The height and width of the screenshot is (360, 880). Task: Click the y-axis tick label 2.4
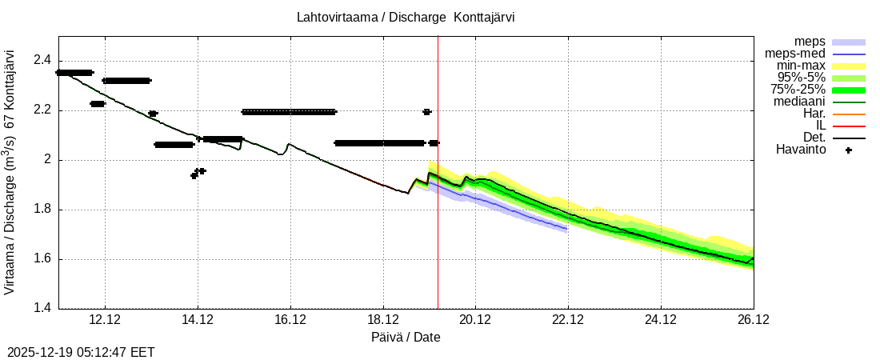click(x=42, y=61)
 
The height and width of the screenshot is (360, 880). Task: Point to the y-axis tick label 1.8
click(x=42, y=210)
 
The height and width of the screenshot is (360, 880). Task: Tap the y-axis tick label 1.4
click(x=42, y=309)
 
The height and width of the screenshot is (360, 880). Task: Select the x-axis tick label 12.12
click(x=105, y=320)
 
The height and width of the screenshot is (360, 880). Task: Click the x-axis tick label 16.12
click(x=290, y=320)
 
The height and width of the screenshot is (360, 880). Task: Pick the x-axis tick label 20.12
click(x=475, y=320)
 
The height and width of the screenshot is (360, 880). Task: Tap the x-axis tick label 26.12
click(x=753, y=320)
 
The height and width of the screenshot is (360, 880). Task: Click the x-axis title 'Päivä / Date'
click(x=406, y=338)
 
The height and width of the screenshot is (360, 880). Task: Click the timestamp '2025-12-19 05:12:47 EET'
click(x=81, y=352)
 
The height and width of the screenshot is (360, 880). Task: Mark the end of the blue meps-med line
click(x=567, y=230)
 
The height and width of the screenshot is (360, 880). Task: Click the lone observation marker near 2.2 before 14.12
click(x=153, y=114)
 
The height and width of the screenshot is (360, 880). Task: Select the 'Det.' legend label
click(x=814, y=138)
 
